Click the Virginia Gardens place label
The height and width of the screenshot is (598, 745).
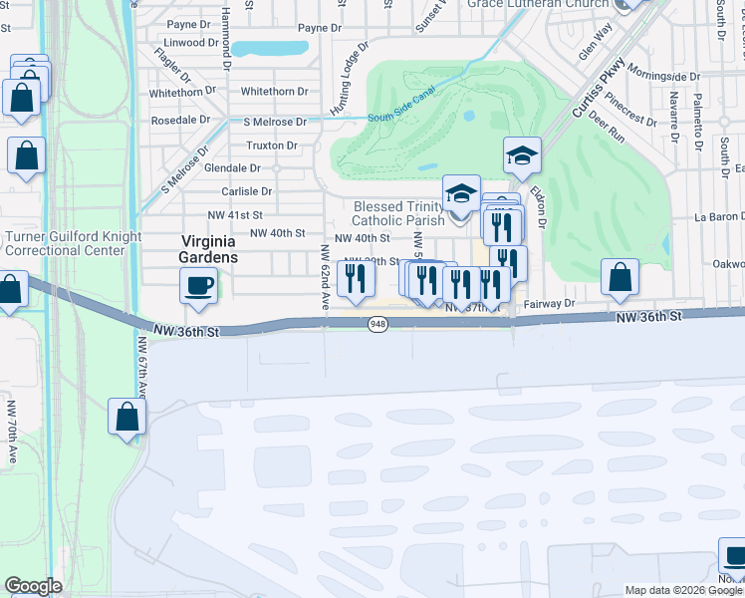point(209,248)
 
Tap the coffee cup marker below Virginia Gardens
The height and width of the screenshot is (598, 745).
point(198,286)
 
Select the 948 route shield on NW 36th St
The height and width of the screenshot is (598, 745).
point(377,325)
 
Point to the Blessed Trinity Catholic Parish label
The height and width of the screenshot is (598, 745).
point(397,213)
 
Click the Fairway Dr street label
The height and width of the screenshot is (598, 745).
point(556,302)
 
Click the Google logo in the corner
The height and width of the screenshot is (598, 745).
point(33,586)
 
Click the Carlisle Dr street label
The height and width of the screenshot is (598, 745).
point(247,191)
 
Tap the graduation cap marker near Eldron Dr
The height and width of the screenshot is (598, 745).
point(522,156)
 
